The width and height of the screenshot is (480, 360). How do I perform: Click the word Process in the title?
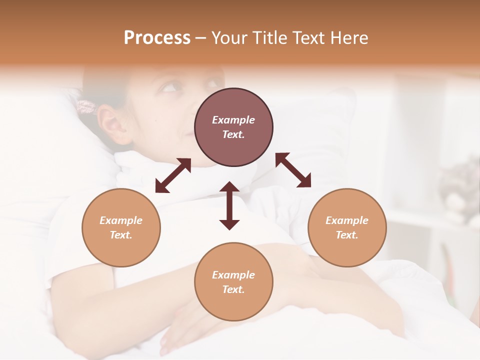(x=157, y=38)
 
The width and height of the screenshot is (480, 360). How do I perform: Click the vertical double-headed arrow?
(x=229, y=205)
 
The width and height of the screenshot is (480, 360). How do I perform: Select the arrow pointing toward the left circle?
(x=173, y=175)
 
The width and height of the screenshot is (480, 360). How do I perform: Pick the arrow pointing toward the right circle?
(x=293, y=170)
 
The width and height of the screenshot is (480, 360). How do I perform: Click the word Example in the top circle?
(x=233, y=120)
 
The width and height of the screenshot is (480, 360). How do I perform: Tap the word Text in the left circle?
(x=121, y=235)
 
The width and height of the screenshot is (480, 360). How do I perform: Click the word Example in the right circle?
(x=347, y=220)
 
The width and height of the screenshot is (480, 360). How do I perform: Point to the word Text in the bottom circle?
(x=233, y=289)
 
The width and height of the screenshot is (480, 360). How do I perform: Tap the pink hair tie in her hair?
(x=86, y=107)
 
